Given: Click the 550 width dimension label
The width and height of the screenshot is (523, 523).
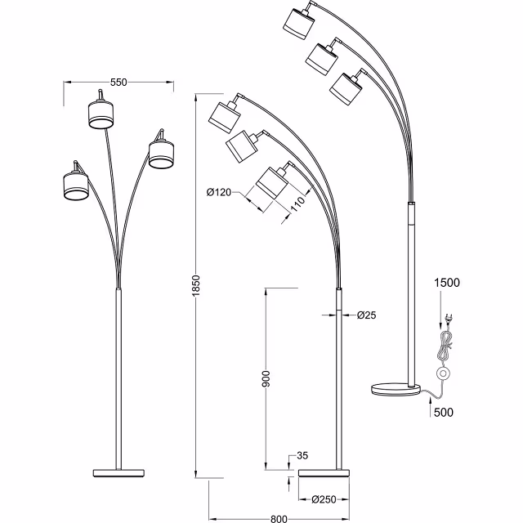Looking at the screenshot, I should click(x=118, y=83).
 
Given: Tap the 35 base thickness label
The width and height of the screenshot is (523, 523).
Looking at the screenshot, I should click(x=302, y=456).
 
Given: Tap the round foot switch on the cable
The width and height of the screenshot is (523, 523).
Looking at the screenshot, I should click(x=444, y=374).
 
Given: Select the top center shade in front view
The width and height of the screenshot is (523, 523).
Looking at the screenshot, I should click(x=101, y=114).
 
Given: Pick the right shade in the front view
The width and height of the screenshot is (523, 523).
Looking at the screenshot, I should click(x=160, y=153).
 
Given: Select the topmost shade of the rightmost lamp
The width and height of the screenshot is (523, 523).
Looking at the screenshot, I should click(x=299, y=22).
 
